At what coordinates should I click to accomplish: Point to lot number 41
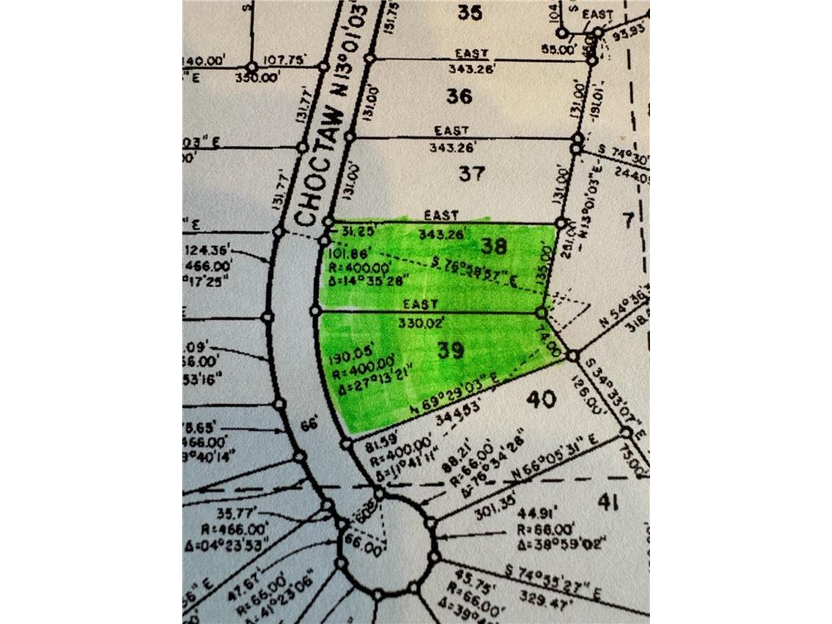click(608, 501)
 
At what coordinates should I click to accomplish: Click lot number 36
click(459, 96)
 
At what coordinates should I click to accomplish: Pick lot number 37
click(471, 173)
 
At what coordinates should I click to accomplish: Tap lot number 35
click(470, 11)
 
